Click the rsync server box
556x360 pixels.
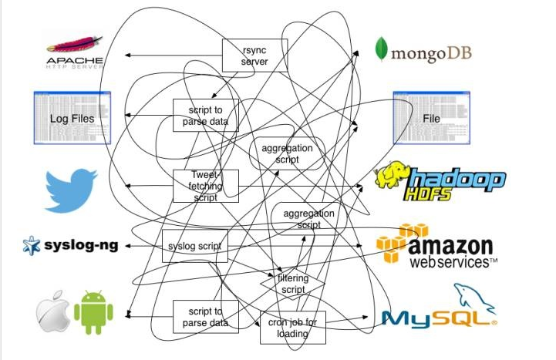[254, 56]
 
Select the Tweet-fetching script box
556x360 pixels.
[205, 186]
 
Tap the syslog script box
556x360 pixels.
[194, 246]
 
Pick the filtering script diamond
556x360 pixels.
[292, 284]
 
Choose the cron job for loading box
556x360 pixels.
[293, 327]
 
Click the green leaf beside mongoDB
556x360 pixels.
[381, 49]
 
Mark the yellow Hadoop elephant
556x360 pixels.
[392, 177]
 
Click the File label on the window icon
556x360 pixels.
[431, 119]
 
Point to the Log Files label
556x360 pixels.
[72, 119]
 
